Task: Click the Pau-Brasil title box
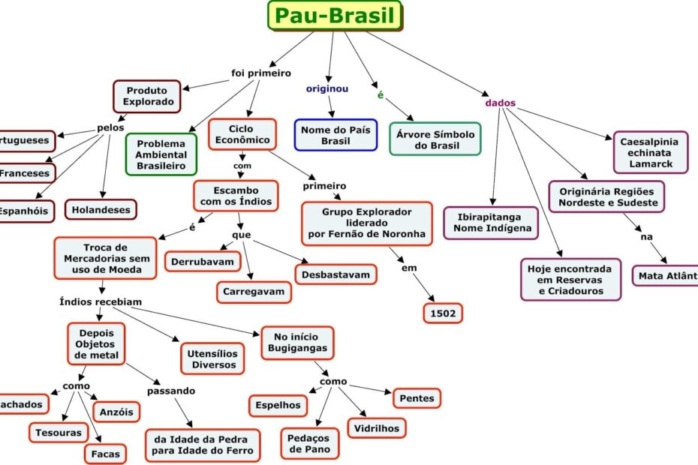point(335,16)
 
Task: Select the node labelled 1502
point(442,313)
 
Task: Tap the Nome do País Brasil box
point(335,135)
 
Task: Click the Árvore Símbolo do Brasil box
point(435,139)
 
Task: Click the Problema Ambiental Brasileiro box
point(161,154)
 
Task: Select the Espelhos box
point(278,405)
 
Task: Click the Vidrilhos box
point(377,428)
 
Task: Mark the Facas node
point(105,453)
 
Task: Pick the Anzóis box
point(116,411)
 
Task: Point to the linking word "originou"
point(326,88)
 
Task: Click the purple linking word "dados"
point(501,103)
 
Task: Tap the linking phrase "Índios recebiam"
point(101,302)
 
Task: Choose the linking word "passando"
point(171,391)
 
